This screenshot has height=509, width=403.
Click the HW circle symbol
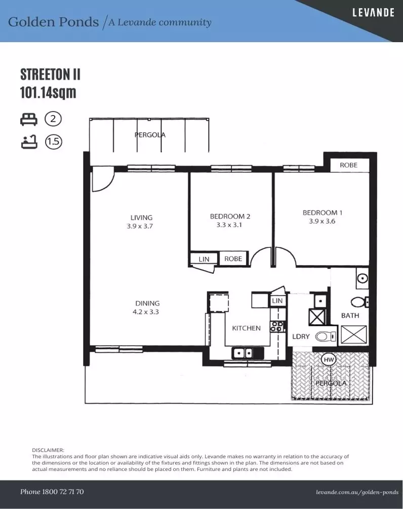(329, 359)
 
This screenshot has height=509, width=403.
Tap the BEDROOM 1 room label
(323, 213)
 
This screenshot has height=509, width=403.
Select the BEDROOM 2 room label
(230, 216)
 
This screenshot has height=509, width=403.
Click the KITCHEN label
(247, 328)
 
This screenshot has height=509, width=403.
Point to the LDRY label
(301, 337)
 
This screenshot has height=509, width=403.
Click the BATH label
(350, 315)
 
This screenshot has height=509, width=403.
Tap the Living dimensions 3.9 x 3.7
(140, 226)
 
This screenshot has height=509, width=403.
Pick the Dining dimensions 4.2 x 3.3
(146, 312)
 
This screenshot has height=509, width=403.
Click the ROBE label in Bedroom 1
(348, 165)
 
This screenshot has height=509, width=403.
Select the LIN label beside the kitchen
(277, 301)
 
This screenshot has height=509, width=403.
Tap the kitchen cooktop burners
(276, 326)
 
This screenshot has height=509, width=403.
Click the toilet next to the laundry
(326, 337)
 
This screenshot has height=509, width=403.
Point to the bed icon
(29, 119)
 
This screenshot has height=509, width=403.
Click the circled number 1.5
(54, 142)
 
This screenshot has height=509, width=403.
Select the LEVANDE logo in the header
(374, 13)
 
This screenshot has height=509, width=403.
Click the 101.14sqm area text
(48, 92)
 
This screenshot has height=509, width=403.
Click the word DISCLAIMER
(48, 450)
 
